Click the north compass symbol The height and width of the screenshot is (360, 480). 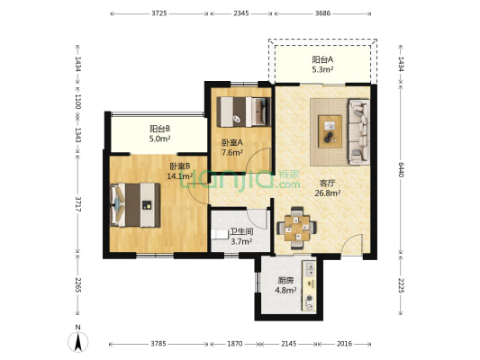pyautogui.click(x=78, y=340)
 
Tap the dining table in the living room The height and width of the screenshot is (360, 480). pyautogui.click(x=296, y=228)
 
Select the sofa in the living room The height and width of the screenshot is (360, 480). pyautogui.click(x=358, y=131)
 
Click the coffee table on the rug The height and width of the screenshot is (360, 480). pyautogui.click(x=330, y=131)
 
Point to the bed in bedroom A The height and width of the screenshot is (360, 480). pyautogui.click(x=244, y=112)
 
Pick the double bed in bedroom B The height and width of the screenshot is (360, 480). pyautogui.click(x=135, y=205)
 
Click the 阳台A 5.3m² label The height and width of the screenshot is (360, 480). pyautogui.click(x=322, y=64)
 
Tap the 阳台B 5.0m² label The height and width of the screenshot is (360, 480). pyautogui.click(x=159, y=134)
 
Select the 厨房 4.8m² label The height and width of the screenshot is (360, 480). pyautogui.click(x=285, y=285)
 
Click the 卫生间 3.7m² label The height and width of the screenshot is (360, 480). pyautogui.click(x=241, y=237)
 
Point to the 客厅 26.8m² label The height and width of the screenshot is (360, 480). pyautogui.click(x=328, y=188)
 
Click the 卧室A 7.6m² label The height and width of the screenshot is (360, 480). pyautogui.click(x=232, y=148)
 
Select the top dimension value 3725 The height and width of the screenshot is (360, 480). pyautogui.click(x=159, y=13)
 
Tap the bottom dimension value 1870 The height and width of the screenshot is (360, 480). pyautogui.click(x=235, y=344)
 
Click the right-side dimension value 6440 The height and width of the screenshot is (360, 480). pyautogui.click(x=401, y=169)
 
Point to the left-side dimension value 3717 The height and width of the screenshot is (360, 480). pyautogui.click(x=78, y=204)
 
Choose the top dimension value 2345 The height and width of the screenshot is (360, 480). pyautogui.click(x=241, y=13)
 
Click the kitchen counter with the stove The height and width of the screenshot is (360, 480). pyautogui.click(x=309, y=285)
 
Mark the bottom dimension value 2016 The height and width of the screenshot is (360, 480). pyautogui.click(x=344, y=344)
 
